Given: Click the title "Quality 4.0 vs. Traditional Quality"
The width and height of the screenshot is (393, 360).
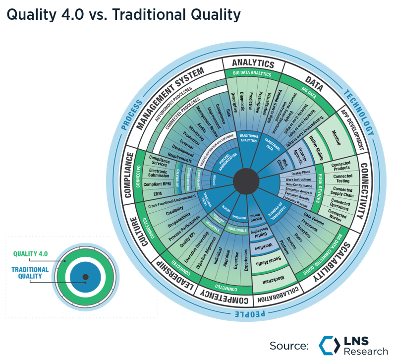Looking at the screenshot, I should point(123,15).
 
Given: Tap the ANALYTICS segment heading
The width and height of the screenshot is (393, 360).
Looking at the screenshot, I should point(253,63).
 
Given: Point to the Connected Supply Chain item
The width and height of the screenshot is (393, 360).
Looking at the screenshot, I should point(342,192).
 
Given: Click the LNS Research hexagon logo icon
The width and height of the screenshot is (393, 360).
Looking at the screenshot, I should point(329,346).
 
